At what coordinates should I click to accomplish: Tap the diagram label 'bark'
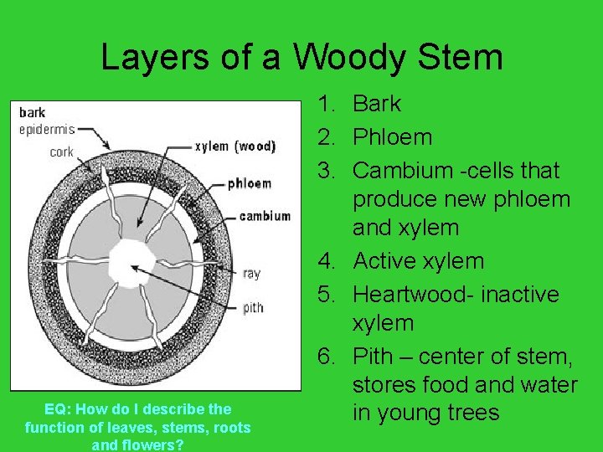tap(32, 112)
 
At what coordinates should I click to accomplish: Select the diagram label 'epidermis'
tap(46, 129)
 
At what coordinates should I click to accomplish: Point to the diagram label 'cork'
tap(61, 152)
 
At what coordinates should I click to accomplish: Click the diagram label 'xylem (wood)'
tap(234, 146)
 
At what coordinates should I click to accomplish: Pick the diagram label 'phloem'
tap(250, 183)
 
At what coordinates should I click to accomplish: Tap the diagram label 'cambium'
tap(265, 216)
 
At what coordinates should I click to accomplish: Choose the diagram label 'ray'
tap(251, 273)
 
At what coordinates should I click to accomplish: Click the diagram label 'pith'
tap(253, 307)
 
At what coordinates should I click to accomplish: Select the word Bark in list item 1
tap(377, 105)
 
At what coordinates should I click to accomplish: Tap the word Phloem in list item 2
tap(392, 137)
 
